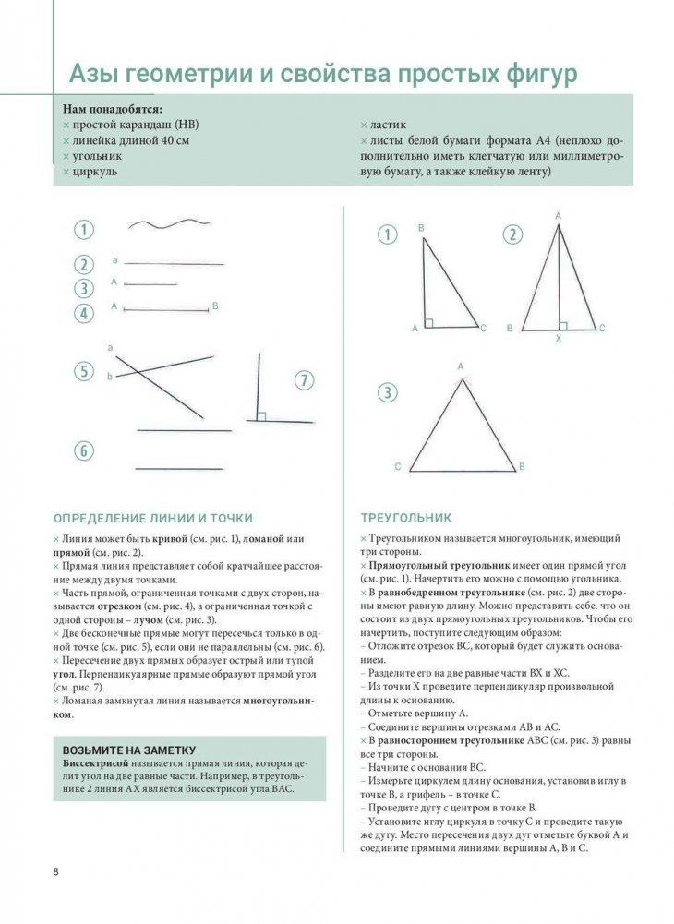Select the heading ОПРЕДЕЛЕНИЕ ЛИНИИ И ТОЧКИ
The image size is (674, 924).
point(152,518)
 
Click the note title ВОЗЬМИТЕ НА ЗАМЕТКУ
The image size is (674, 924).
point(128,749)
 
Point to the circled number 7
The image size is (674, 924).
point(305,379)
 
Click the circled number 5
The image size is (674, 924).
point(84,372)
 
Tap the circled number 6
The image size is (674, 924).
point(84,450)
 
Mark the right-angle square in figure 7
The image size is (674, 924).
point(261,416)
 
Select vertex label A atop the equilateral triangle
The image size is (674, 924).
point(460,366)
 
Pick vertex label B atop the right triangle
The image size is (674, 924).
point(421,227)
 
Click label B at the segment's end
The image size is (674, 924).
point(214,306)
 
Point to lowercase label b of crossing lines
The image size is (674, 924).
point(110,377)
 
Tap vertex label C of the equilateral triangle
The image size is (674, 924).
point(398,467)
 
